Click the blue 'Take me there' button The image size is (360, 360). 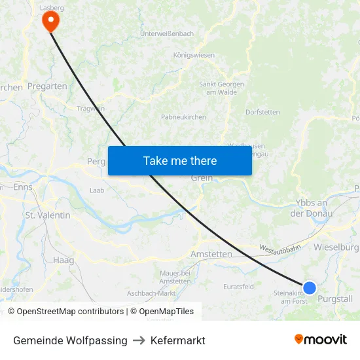[180, 160]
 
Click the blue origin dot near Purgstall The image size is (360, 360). [310, 287]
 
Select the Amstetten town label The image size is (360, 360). [211, 254]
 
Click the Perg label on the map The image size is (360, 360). [96, 160]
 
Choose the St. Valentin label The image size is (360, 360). [48, 215]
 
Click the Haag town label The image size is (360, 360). [63, 260]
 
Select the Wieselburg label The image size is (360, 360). [336, 247]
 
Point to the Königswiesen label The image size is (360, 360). [194, 55]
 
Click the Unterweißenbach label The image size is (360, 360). [167, 33]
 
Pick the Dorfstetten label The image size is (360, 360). [262, 112]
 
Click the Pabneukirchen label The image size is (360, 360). [183, 117]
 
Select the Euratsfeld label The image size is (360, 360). [238, 287]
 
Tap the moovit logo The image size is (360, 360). [321, 340]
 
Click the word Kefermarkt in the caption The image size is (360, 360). [178, 340]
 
